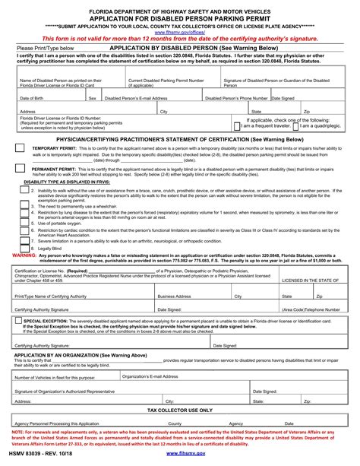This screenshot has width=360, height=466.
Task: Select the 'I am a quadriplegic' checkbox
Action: click(295, 126)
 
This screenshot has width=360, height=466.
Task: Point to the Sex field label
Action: click(92, 98)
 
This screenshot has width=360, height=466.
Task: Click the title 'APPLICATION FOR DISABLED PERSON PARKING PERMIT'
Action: click(179, 21)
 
